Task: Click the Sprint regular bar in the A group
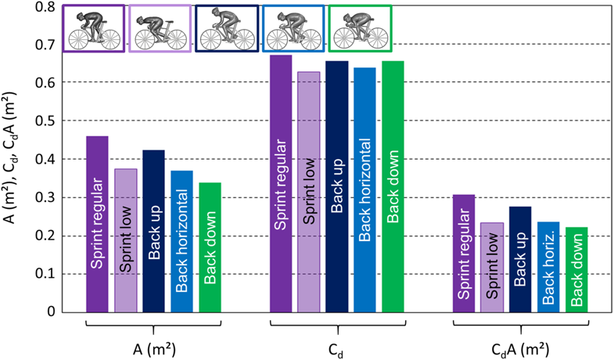point(97,224)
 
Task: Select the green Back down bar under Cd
point(393,186)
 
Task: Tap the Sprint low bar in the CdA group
point(492,268)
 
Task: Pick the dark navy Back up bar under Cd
point(337,186)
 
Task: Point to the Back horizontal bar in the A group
point(181,241)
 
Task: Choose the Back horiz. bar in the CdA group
point(548,267)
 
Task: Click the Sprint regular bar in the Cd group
point(281,184)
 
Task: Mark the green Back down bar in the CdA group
point(576,270)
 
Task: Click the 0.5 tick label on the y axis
point(45,121)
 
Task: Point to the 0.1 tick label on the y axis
point(45,274)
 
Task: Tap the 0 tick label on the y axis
point(51,312)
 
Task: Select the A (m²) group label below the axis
point(153,348)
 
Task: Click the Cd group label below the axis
point(337,349)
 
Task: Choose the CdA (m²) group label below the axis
point(520,348)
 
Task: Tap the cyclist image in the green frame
point(361,29)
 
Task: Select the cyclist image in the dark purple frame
point(94,29)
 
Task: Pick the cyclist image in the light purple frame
point(160,29)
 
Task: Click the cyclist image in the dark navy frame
point(227,29)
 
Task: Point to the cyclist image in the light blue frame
point(293,29)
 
